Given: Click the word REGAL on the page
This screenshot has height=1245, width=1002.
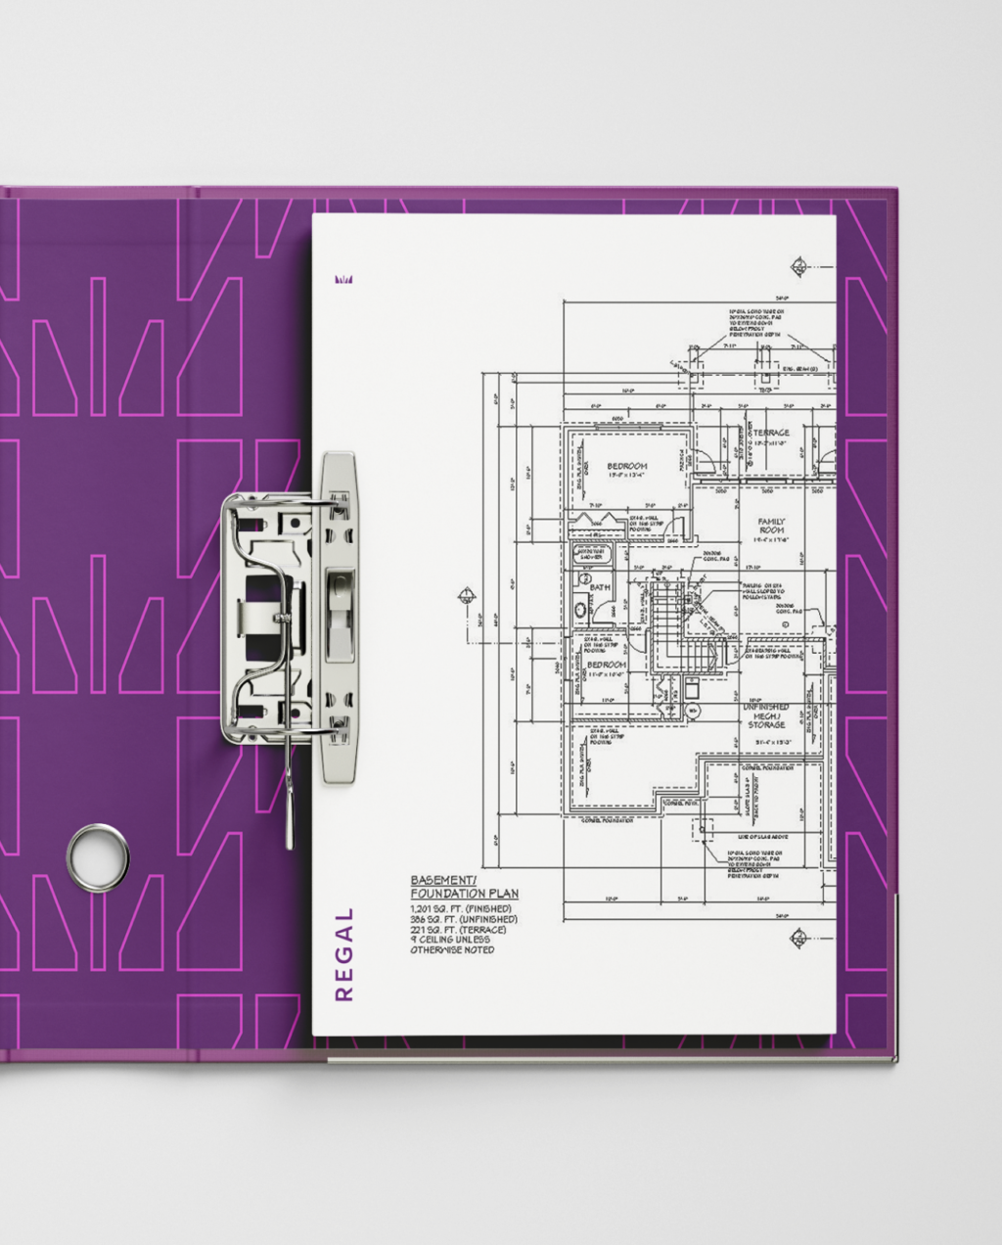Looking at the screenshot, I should pyautogui.click(x=343, y=954).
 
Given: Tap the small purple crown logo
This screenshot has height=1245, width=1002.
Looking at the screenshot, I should pyautogui.click(x=342, y=280).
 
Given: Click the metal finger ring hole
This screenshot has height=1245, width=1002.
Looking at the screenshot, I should pyautogui.click(x=97, y=858).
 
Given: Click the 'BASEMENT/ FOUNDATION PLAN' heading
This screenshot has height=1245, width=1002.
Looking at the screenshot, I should pyautogui.click(x=464, y=887).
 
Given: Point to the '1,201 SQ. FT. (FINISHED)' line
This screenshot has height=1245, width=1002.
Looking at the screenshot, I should pyautogui.click(x=460, y=909).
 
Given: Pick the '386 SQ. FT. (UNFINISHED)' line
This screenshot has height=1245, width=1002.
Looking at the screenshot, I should pyautogui.click(x=464, y=920).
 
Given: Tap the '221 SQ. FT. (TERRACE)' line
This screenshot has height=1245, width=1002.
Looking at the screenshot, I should pyautogui.click(x=458, y=930).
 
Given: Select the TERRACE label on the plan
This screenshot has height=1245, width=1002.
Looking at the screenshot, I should pyautogui.click(x=770, y=433).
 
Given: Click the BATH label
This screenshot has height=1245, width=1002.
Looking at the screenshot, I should pyautogui.click(x=599, y=588).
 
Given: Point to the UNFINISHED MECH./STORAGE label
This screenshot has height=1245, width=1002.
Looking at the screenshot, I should pyautogui.click(x=766, y=715).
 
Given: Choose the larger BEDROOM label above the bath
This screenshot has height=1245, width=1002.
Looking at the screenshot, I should pyautogui.click(x=627, y=466).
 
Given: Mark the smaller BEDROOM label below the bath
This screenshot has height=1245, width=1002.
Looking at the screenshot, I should pyautogui.click(x=607, y=665).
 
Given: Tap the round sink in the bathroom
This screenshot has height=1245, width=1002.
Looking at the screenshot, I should pyautogui.click(x=581, y=609).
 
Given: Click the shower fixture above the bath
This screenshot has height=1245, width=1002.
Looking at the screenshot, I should pyautogui.click(x=591, y=554).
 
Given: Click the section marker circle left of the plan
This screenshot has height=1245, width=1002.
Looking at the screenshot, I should pyautogui.click(x=468, y=594).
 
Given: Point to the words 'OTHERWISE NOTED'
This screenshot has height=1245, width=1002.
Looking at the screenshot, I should pyautogui.click(x=452, y=949).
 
